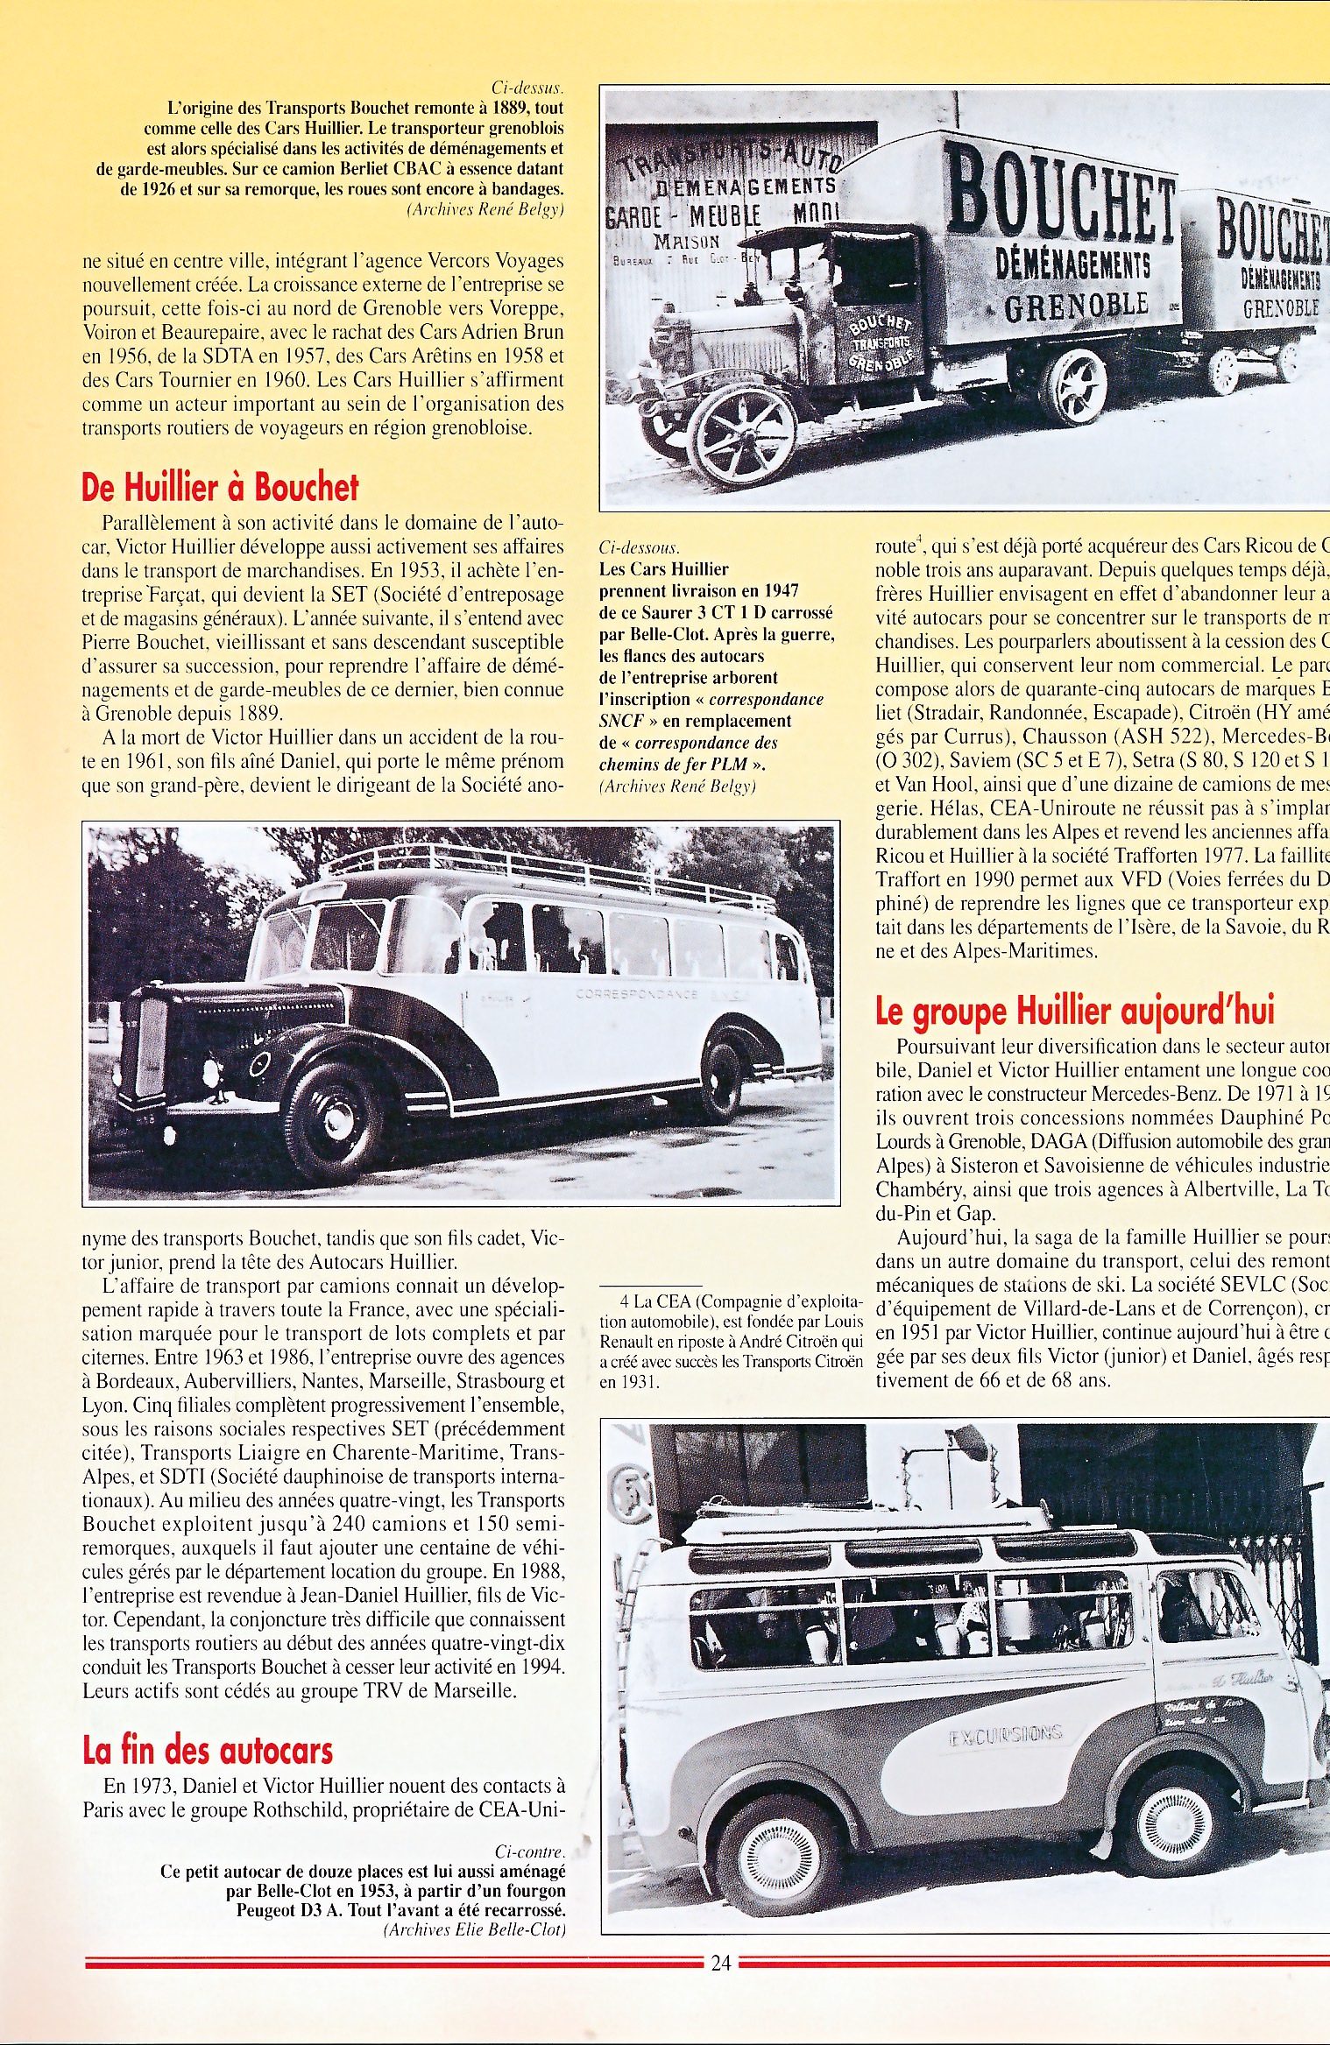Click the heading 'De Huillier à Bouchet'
tap(220, 487)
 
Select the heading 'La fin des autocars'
tap(208, 1750)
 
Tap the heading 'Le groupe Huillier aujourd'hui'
tap(1075, 1011)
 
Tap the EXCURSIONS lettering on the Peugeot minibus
tap(1005, 1735)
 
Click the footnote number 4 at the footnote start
tap(624, 1301)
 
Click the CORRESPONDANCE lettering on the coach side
tap(636, 994)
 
